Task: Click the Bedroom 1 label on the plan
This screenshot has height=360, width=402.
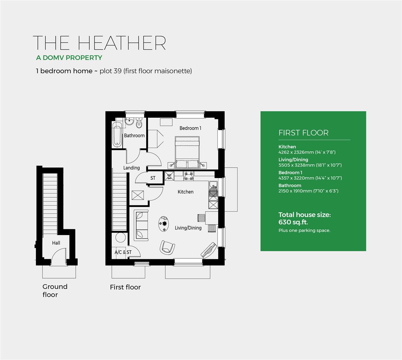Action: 190,128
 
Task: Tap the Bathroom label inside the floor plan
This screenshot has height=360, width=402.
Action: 134,135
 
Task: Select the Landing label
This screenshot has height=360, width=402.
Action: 131,168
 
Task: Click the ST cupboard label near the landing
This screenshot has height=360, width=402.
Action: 153,178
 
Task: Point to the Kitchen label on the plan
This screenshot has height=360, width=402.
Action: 185,192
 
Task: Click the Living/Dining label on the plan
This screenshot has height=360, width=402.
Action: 188,228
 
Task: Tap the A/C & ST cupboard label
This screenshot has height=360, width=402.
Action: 123,252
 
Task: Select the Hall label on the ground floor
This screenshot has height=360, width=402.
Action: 56,243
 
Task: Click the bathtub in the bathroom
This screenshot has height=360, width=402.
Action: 117,134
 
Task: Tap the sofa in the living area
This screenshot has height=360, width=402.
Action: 141,225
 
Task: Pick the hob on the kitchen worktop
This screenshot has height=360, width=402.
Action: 189,176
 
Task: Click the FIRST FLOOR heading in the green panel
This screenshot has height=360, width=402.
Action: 303,133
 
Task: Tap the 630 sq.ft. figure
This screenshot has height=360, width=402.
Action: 293,222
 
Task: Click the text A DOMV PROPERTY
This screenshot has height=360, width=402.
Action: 69,58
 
